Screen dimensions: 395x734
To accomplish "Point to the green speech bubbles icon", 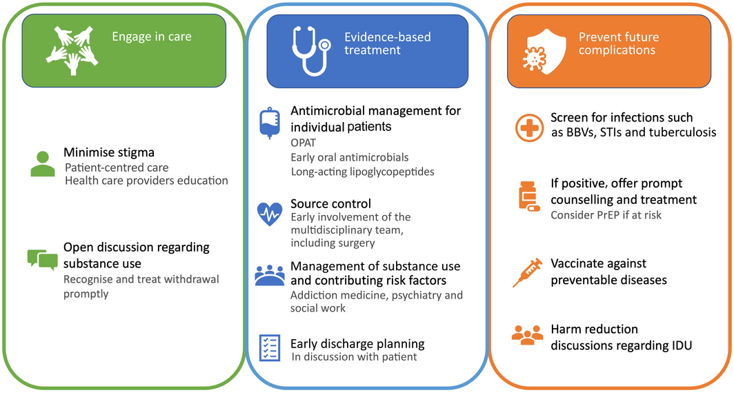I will pos(42,259).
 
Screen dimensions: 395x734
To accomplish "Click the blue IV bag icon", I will pos(269,123).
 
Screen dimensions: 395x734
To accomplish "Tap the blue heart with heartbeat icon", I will pos(269,214).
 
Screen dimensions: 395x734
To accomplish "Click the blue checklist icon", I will pos(269,347).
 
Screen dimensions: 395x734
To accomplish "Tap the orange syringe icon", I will pos(528,272).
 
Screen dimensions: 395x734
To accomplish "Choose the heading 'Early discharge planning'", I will pos(357,343).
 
